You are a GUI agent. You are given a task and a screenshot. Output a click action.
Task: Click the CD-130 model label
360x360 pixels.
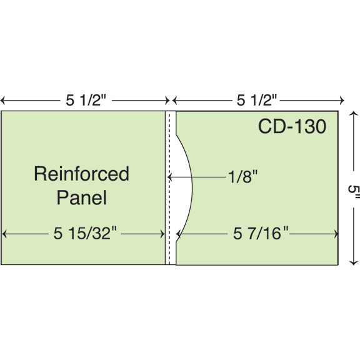[292, 126]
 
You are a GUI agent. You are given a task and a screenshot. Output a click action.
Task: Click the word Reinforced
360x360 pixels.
[81, 174]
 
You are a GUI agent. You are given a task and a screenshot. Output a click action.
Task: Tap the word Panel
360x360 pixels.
[82, 197]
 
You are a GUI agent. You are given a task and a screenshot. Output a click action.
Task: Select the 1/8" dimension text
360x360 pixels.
[243, 176]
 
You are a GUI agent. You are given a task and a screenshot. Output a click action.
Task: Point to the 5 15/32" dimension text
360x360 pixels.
[85, 233]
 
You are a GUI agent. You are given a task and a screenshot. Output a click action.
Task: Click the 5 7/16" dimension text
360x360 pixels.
[261, 233]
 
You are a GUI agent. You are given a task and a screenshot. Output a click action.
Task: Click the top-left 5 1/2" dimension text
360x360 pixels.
[86, 100]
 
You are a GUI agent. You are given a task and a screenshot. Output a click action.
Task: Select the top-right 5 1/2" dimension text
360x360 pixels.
[257, 100]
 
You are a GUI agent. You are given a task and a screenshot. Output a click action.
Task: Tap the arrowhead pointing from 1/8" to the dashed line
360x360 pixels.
[169, 177]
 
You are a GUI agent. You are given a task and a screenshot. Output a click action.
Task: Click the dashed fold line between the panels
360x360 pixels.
[169, 187]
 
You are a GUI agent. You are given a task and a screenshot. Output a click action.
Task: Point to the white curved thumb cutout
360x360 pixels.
[184, 187]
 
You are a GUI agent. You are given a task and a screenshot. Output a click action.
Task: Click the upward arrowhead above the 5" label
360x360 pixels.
[354, 114]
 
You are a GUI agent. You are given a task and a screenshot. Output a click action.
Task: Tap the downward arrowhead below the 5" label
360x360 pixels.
[354, 262]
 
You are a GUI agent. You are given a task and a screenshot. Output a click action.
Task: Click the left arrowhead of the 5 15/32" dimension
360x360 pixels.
[4, 234]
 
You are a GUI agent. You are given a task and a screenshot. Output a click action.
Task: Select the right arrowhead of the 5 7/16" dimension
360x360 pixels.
[336, 234]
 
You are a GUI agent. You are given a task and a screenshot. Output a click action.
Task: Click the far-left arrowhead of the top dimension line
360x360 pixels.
[2, 101]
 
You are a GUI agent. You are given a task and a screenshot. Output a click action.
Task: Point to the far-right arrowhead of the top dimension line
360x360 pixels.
[342, 101]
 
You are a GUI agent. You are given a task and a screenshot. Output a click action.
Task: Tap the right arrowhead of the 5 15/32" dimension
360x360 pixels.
[162, 234]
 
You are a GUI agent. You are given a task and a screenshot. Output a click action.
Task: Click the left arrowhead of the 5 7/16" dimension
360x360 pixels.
[178, 234]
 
